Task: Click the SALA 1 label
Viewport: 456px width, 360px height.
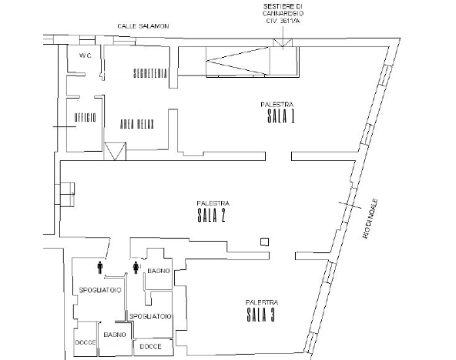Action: point(281,116)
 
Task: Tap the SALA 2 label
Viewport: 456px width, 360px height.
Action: point(211,216)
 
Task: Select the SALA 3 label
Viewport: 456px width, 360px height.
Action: point(261,315)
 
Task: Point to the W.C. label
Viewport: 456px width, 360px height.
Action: point(85,56)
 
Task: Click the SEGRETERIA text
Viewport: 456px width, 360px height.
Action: point(150,73)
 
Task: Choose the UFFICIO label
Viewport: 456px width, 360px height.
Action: point(85,118)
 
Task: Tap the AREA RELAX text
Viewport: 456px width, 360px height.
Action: point(136,124)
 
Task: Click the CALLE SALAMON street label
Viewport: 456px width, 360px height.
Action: point(143,26)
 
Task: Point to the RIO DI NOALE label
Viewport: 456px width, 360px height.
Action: point(370,219)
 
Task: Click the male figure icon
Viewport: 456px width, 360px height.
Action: point(100,267)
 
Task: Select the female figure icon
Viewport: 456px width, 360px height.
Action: point(136,267)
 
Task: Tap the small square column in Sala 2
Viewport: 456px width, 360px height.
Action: point(264,242)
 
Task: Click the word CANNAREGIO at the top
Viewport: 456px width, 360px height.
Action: point(283,13)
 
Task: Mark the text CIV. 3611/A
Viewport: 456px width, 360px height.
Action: point(283,21)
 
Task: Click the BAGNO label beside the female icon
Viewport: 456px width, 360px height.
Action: point(159,271)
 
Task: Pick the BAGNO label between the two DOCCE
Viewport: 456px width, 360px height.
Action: point(115,335)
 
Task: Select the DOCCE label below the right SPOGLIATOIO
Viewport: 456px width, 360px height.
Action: point(151,347)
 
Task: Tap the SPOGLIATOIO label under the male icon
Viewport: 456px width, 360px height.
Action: point(100,290)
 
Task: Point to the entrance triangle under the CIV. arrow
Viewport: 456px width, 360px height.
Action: point(283,42)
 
